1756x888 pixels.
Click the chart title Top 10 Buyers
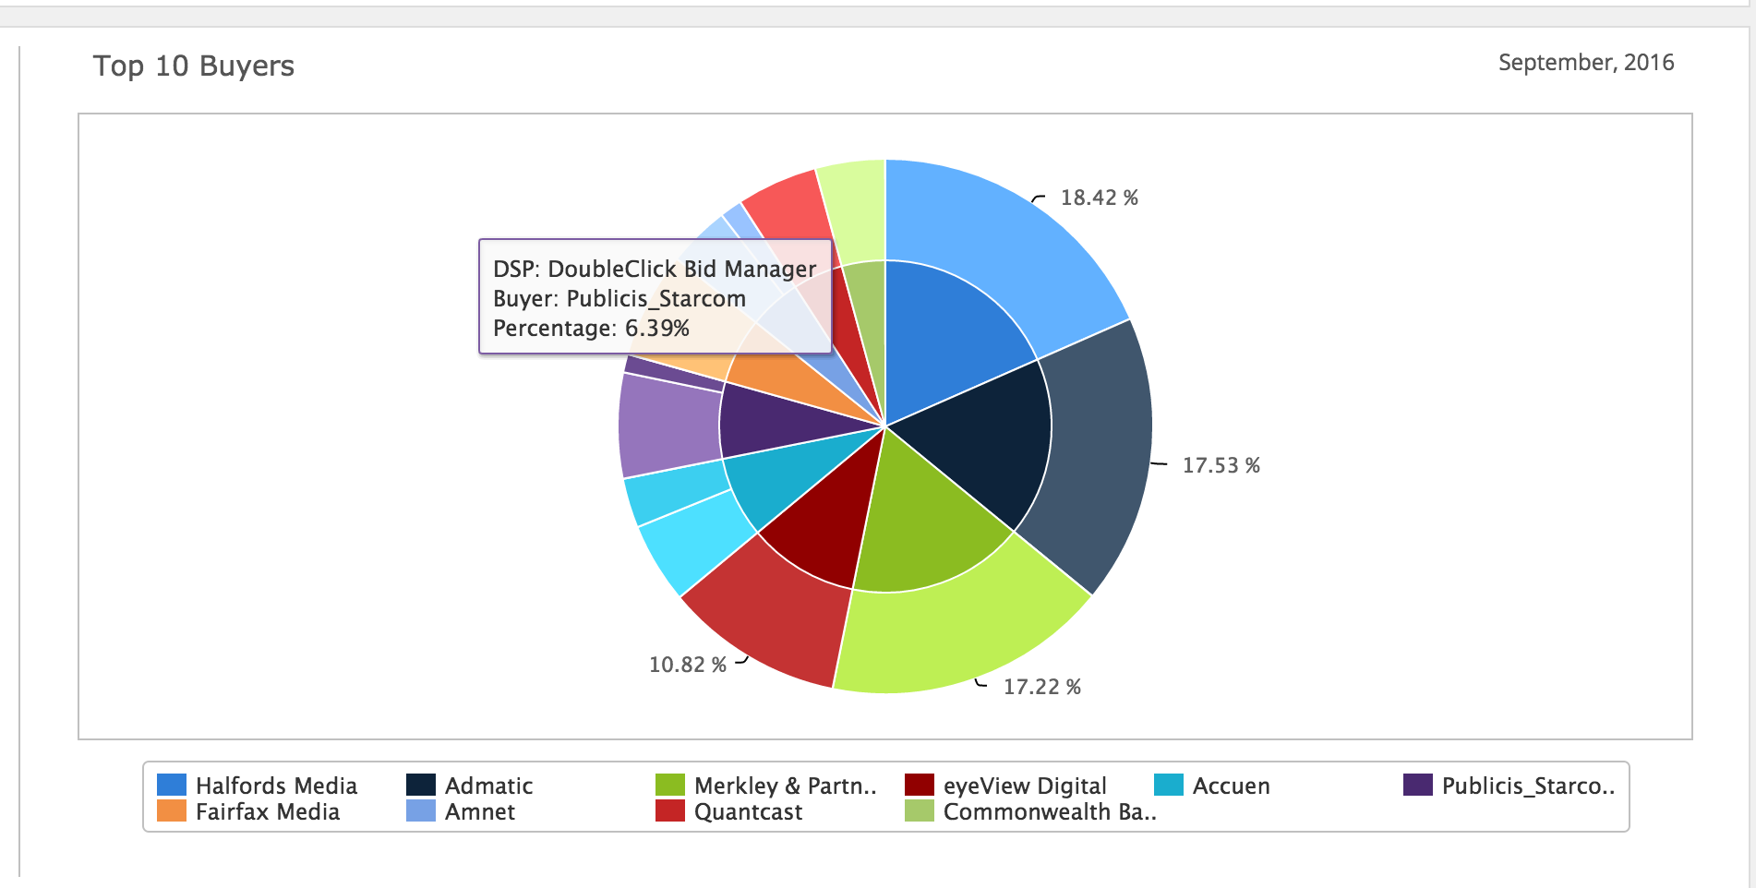click(x=193, y=66)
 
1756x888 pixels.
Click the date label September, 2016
click(x=1585, y=63)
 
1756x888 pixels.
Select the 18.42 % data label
click(x=1099, y=198)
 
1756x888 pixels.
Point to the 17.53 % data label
click(x=1221, y=465)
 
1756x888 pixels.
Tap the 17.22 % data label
click(x=1041, y=687)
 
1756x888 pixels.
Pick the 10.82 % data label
click(x=687, y=665)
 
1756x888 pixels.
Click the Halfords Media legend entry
click(x=275, y=786)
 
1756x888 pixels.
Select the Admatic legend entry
click(x=487, y=786)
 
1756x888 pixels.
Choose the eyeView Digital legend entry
click(x=1024, y=786)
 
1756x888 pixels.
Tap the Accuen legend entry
click(x=1231, y=786)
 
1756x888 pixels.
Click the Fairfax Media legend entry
click(x=267, y=811)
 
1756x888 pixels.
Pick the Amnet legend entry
click(x=479, y=811)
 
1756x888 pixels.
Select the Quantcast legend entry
click(x=747, y=811)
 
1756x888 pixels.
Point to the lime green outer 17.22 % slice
click(x=960, y=637)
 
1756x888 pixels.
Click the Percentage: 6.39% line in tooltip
click(x=591, y=329)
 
